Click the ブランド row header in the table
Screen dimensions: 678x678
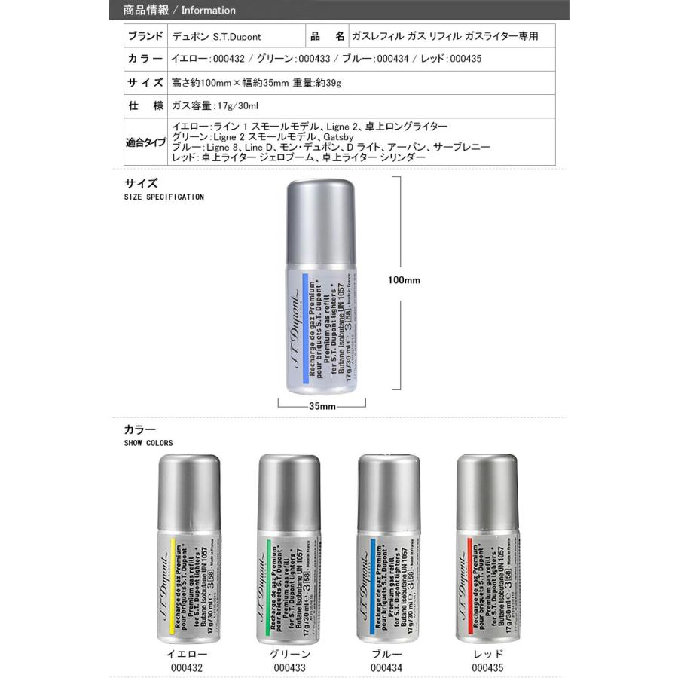[145, 36]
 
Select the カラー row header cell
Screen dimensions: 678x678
[145, 59]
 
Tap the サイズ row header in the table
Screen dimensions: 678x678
[145, 82]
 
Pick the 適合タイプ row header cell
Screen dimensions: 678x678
[145, 141]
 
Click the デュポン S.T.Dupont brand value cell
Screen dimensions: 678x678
[217, 36]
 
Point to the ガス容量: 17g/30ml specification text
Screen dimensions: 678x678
[215, 105]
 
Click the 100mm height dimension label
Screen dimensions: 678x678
[404, 280]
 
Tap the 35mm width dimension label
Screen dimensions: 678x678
[322, 406]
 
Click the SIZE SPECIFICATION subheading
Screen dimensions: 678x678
[163, 197]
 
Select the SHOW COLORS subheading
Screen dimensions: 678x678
[148, 443]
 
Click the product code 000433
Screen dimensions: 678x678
[290, 667]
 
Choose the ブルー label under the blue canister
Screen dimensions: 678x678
[387, 655]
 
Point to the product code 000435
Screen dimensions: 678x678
[487, 667]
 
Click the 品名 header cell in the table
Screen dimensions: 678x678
[328, 36]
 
